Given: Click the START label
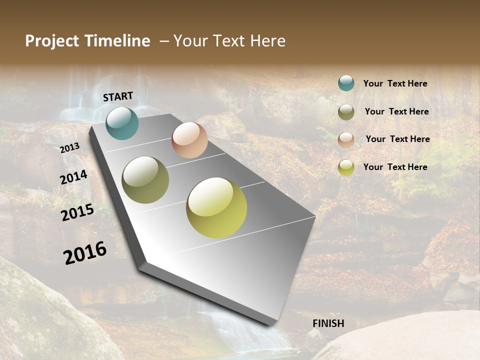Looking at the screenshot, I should [118, 96].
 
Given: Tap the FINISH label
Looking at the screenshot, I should [328, 323].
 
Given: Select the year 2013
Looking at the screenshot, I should [69, 148].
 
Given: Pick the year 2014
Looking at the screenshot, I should [73, 177].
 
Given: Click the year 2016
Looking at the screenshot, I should [85, 253].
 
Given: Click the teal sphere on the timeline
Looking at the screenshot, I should [122, 123].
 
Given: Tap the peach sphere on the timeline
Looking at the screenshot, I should [189, 140].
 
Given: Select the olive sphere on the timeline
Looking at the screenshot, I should [145, 180].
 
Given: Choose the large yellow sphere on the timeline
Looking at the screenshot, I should [216, 207].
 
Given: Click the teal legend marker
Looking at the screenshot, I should [346, 83].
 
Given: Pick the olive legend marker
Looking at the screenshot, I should [346, 112].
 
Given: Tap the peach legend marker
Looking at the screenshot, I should [346, 139].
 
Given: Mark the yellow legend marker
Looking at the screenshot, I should [346, 167].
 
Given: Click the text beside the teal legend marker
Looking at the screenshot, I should [395, 84].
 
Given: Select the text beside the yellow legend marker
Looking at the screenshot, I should [395, 167].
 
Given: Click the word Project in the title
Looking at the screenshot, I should [52, 41].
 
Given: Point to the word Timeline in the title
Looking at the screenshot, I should [117, 41].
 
